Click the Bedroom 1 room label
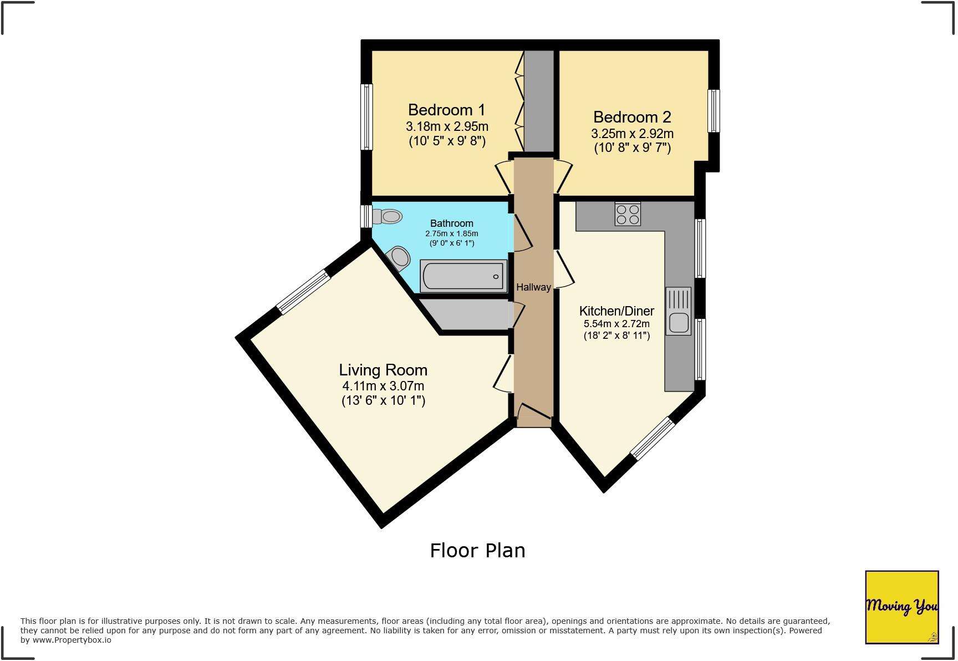tap(446, 110)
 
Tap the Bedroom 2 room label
tap(632, 117)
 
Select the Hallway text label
tap(533, 287)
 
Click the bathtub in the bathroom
tap(463, 276)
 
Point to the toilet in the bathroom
tap(388, 216)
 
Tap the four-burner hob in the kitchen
tap(628, 214)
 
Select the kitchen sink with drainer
tap(679, 312)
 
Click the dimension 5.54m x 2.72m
tap(616, 324)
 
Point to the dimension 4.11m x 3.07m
tap(383, 386)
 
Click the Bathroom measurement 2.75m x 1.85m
tap(451, 233)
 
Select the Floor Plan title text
tap(477, 551)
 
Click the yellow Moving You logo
tap(901, 607)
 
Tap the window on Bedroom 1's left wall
tap(366, 117)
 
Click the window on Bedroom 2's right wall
tap(715, 111)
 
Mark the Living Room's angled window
tap(304, 292)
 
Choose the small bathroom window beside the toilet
tap(366, 216)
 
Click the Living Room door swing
tap(502, 375)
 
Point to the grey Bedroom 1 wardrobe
tap(539, 101)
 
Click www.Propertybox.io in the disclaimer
tap(72, 640)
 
